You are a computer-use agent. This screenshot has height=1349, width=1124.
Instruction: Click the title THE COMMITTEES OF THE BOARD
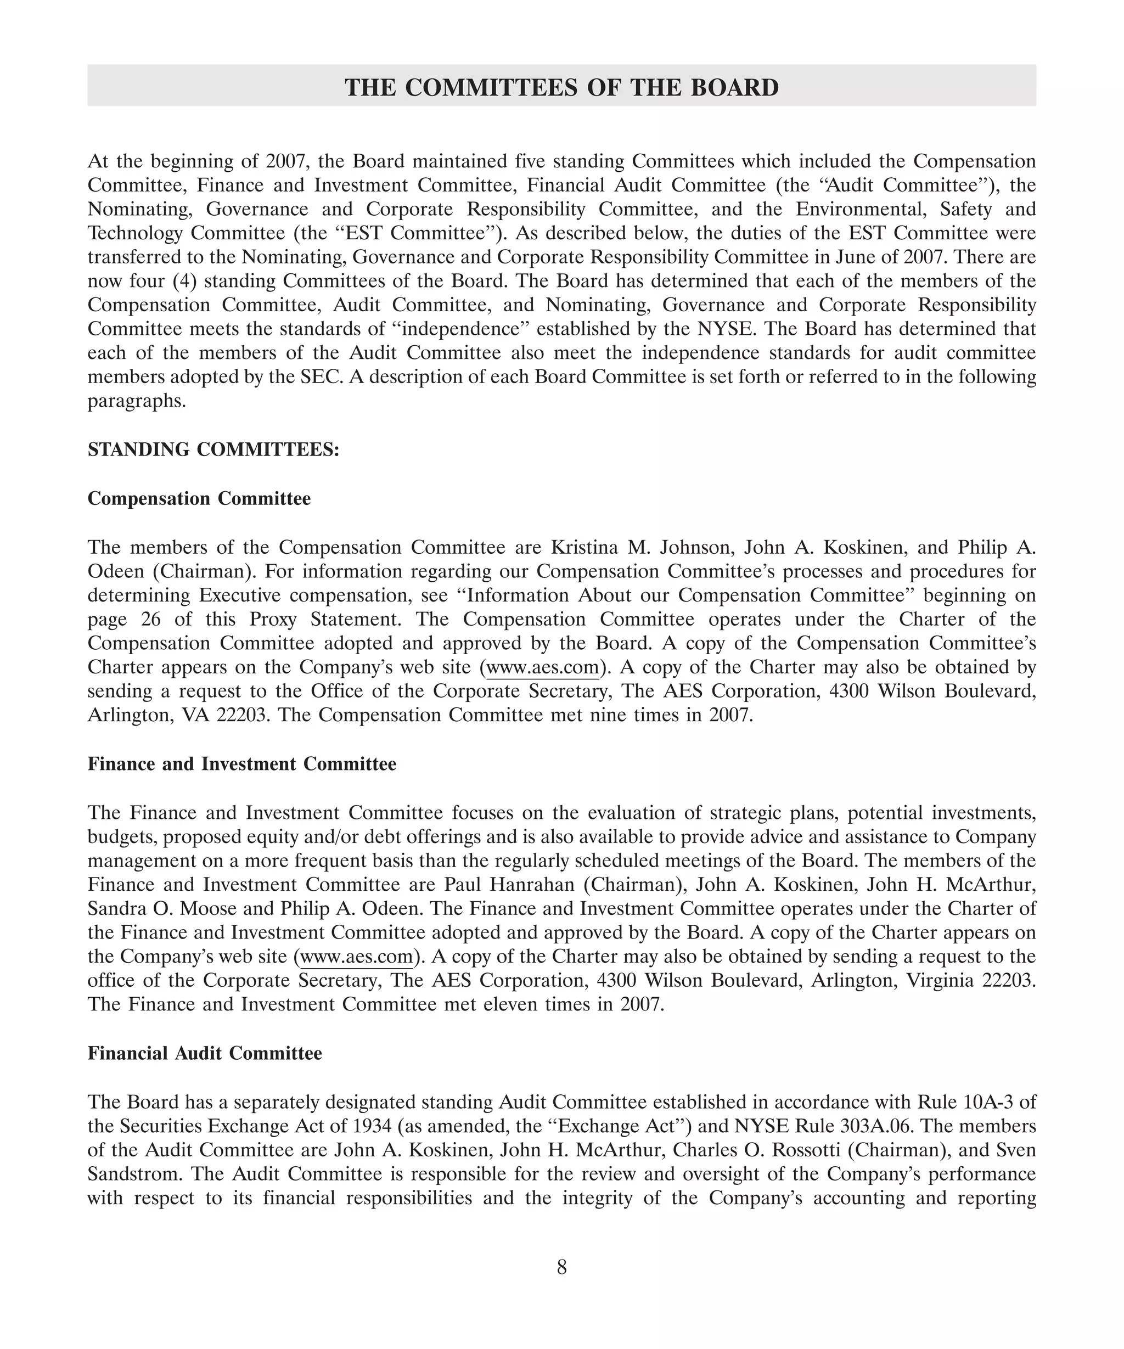[x=561, y=87]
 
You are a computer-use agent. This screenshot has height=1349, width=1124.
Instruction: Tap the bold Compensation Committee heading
[x=199, y=498]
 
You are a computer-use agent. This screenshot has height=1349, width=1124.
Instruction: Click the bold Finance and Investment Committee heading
[x=241, y=764]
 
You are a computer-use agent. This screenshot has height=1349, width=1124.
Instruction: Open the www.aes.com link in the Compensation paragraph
[x=542, y=667]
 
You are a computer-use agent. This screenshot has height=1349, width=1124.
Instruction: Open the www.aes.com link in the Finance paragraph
[x=357, y=957]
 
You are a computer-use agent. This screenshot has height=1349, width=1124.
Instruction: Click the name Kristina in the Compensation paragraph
[x=585, y=547]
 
